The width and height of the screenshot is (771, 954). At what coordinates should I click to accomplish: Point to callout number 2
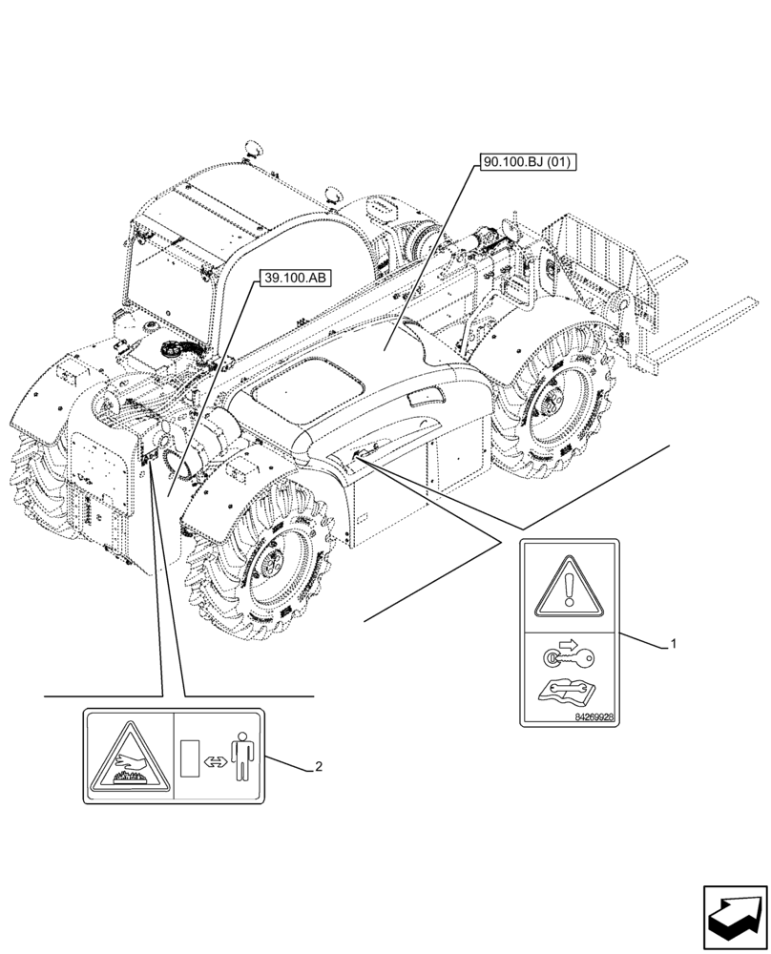[x=319, y=767]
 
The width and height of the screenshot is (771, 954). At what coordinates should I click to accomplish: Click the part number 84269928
[x=594, y=715]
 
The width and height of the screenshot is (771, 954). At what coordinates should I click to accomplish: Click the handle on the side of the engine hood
[x=422, y=397]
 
